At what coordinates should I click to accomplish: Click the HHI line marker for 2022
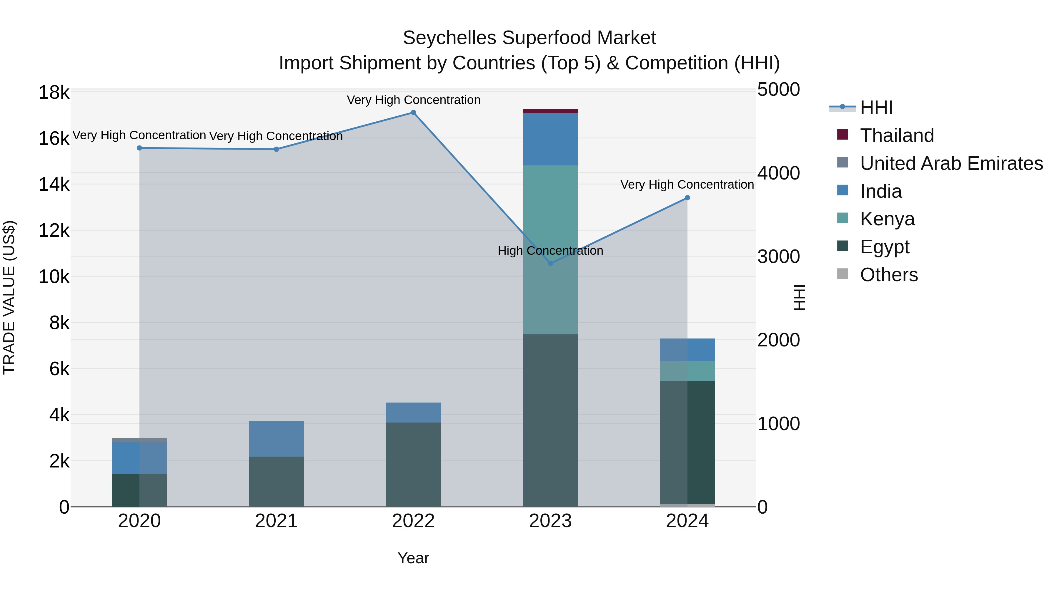click(x=413, y=113)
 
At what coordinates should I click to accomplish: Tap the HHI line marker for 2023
click(x=550, y=263)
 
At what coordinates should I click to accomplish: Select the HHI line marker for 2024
click(x=687, y=198)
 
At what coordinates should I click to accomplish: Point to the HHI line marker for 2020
click(x=139, y=148)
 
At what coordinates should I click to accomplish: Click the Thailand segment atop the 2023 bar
click(x=550, y=111)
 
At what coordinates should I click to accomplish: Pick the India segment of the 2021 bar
click(x=276, y=439)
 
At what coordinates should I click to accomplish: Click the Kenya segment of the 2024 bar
click(x=687, y=371)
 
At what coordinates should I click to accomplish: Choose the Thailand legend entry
click(x=897, y=135)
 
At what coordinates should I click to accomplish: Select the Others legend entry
click(x=888, y=275)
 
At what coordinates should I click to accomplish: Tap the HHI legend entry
click(x=876, y=108)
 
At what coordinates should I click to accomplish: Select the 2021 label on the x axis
click(x=276, y=521)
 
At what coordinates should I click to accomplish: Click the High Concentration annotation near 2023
click(x=550, y=250)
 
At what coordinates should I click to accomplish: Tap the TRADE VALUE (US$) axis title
click(x=9, y=297)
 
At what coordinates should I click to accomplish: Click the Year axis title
click(x=413, y=558)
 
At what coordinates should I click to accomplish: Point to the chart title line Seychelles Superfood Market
click(x=529, y=38)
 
